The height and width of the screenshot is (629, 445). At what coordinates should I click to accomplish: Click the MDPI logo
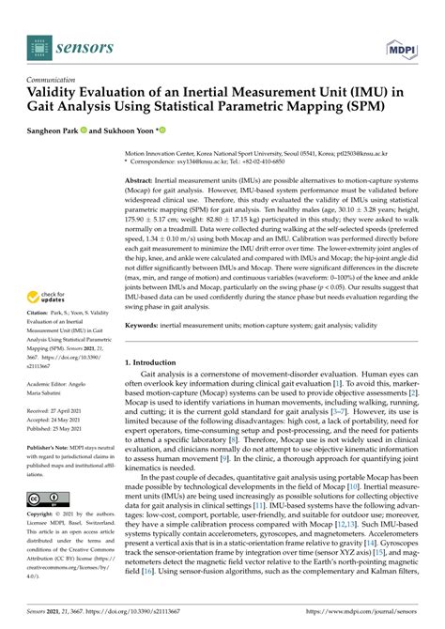pos(406,44)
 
